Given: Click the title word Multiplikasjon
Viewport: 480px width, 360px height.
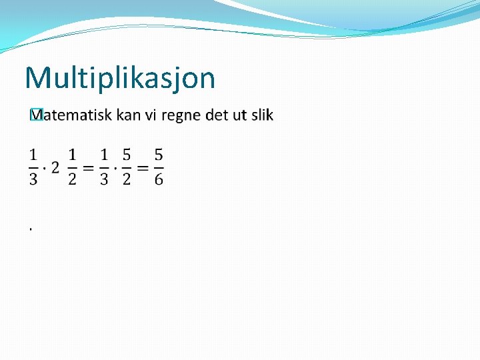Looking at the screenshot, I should pos(120,78).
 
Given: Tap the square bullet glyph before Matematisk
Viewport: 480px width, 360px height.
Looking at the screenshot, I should pos(37,115).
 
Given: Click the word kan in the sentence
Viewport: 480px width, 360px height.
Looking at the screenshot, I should pos(128,115).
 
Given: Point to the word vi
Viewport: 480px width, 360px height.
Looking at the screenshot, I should pos(151,115).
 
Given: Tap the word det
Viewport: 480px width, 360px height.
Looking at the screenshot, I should pos(216,115).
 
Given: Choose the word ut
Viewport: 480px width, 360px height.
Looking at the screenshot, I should pos(239,115).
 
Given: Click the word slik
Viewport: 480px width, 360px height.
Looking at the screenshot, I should pos(262,115).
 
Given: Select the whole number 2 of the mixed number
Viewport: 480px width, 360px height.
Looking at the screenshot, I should pos(55,167).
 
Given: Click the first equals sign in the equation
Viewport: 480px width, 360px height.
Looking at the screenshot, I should pos(87,167).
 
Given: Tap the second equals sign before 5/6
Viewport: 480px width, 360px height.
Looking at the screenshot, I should pos(141,167).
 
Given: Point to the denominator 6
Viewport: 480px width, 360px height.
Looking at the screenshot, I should pos(158,179).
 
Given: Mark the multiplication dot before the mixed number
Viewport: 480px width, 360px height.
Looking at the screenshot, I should pos(45,167).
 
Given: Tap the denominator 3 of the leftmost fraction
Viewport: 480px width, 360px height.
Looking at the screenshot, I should pos(33,179).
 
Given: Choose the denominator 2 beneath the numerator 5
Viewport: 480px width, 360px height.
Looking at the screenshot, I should pos(126,179).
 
